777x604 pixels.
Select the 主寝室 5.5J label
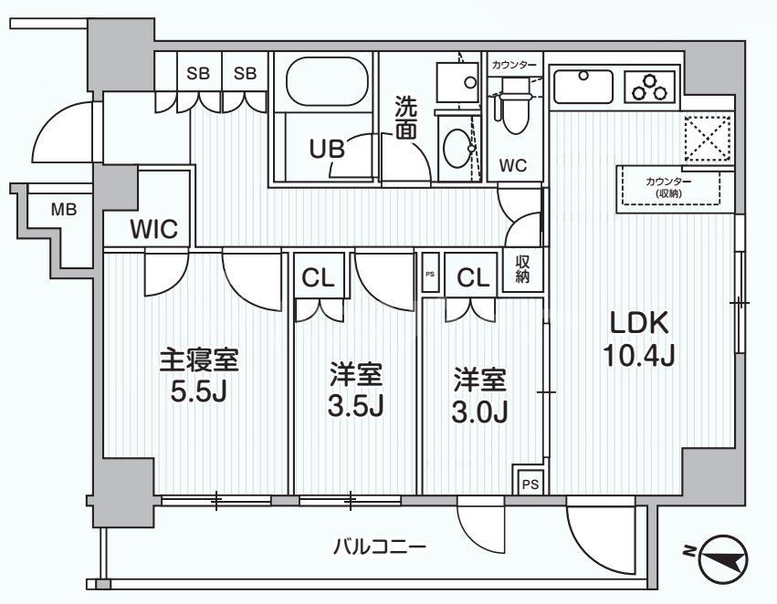199,375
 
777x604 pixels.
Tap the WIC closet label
146,228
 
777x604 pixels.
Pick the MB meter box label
63,209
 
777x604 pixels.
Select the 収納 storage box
522,270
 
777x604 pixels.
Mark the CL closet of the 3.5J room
319,279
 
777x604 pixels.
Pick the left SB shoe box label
198,74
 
